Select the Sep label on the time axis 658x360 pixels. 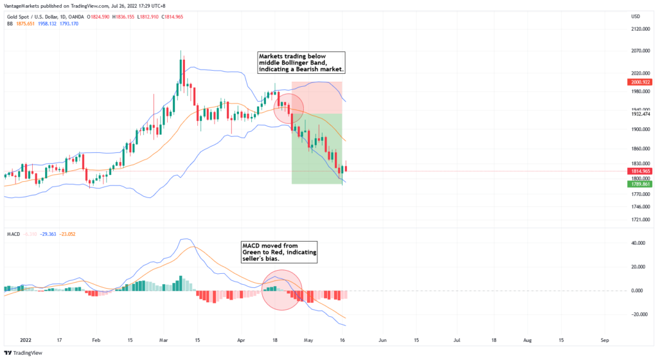(604, 339)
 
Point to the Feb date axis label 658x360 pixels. (96, 339)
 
